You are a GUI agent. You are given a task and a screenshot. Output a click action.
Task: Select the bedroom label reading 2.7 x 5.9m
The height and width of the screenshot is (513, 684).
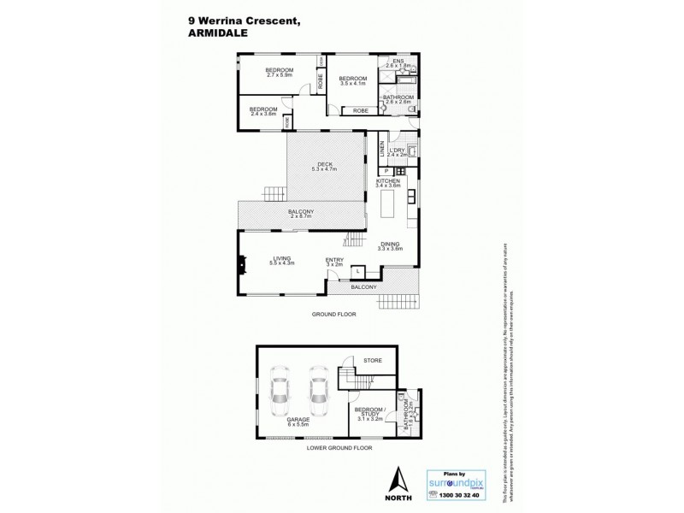[x=280, y=73]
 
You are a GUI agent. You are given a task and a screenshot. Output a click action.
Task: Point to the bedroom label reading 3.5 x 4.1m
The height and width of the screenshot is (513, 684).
[x=352, y=80]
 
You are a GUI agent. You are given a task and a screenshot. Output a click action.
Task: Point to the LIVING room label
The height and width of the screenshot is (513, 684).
[x=282, y=261]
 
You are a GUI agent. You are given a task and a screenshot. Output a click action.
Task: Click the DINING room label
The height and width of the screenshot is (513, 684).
[x=391, y=245]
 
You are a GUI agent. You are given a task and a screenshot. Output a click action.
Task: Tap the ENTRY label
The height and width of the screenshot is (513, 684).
[x=334, y=262]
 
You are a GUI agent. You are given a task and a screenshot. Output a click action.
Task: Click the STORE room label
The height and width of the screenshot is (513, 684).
[x=371, y=361]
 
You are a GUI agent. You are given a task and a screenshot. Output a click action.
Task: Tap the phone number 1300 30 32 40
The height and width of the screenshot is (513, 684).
[x=459, y=496]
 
